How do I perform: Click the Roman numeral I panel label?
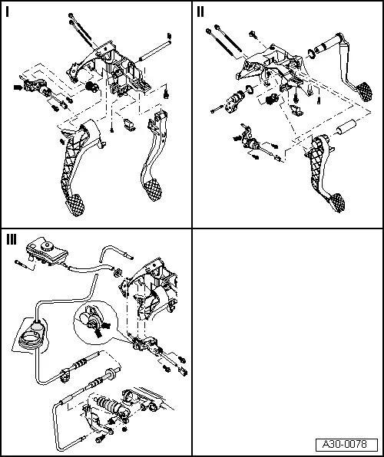[x=7, y=12]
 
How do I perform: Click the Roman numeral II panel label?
[x=200, y=12]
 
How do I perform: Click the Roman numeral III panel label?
[x=12, y=240]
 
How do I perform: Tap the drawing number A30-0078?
[x=344, y=444]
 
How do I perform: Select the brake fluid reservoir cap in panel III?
[x=46, y=246]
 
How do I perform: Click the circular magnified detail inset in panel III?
[x=96, y=323]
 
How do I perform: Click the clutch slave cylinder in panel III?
[x=110, y=405]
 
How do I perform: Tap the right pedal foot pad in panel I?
[x=152, y=189]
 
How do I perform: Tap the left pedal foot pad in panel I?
[x=75, y=205]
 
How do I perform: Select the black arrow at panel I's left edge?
[x=18, y=87]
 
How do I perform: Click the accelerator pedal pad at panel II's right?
[x=364, y=91]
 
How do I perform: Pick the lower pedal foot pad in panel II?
[x=336, y=202]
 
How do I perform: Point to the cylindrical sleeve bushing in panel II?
[x=346, y=127]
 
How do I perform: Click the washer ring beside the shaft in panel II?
[x=311, y=54]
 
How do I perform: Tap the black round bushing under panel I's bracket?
[x=91, y=87]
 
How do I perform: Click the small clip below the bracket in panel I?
[x=129, y=123]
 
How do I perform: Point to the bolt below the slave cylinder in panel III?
[x=101, y=438]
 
